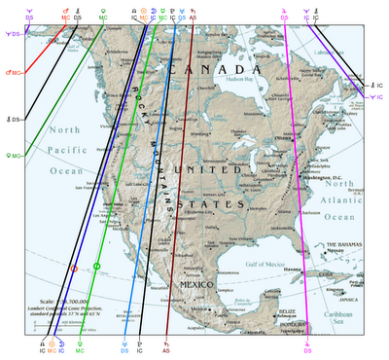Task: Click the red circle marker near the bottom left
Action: pyautogui.click(x=74, y=268)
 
